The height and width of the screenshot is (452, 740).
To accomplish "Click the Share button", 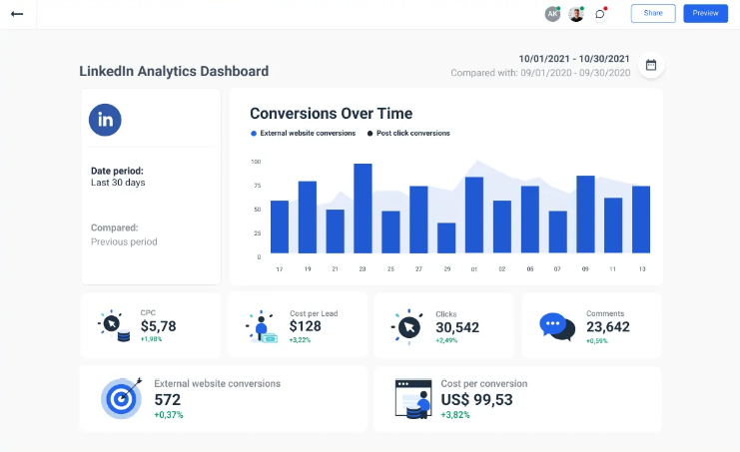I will click(653, 13).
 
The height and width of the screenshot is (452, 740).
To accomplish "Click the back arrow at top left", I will click(16, 14).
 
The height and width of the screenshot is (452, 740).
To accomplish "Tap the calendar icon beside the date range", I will click(651, 65).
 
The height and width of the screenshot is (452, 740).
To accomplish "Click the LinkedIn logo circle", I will click(105, 120).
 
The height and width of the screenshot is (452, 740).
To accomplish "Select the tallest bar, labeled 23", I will click(363, 209).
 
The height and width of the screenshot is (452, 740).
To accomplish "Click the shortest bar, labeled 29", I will click(446, 237).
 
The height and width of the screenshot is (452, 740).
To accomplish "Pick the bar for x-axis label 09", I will click(585, 215).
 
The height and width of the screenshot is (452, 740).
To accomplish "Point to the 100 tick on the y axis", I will click(256, 162).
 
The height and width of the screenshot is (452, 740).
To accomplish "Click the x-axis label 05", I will click(530, 269).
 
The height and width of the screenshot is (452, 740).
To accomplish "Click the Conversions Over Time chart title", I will click(331, 114).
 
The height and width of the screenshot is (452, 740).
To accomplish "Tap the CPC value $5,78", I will click(158, 326).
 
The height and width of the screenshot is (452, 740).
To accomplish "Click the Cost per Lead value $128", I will click(306, 326).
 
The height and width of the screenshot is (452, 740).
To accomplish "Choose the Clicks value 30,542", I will click(457, 326).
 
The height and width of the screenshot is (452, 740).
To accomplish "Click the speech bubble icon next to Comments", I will click(556, 326).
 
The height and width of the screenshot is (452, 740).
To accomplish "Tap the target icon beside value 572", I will click(122, 397).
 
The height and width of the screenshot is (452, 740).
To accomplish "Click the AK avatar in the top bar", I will click(552, 14).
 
